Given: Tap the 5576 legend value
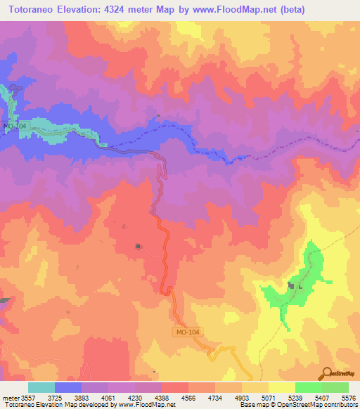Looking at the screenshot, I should click(x=347, y=398).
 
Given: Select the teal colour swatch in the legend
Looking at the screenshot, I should click(x=41, y=387).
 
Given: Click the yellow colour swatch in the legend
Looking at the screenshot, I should click(x=281, y=387).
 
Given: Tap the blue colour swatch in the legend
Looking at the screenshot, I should click(x=68, y=387).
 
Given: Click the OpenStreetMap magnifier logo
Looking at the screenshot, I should click(x=327, y=372).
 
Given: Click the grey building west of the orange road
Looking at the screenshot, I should click(x=139, y=247).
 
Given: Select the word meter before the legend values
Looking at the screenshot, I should click(x=11, y=398).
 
